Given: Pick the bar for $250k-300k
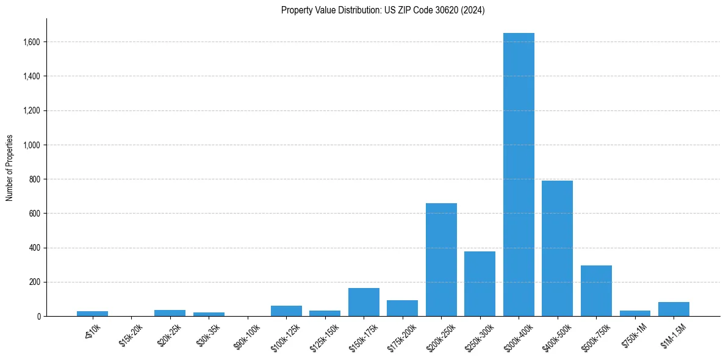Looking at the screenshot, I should coord(480,284).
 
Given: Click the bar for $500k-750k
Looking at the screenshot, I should coord(596,291).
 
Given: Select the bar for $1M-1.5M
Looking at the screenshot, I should coord(674,309).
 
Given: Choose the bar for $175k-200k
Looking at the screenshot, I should coord(402,308).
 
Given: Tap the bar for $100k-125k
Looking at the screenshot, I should coord(286,311).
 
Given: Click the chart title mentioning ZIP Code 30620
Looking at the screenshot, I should coord(383,10).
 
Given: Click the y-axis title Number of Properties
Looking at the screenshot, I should coord(10,168).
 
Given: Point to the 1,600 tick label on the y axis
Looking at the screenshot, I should coord(31,42).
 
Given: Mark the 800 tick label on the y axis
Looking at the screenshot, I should coord(34,179).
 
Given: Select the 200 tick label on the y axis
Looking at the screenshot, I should coord(34,282).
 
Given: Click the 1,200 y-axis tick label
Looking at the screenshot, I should coord(31,110).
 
